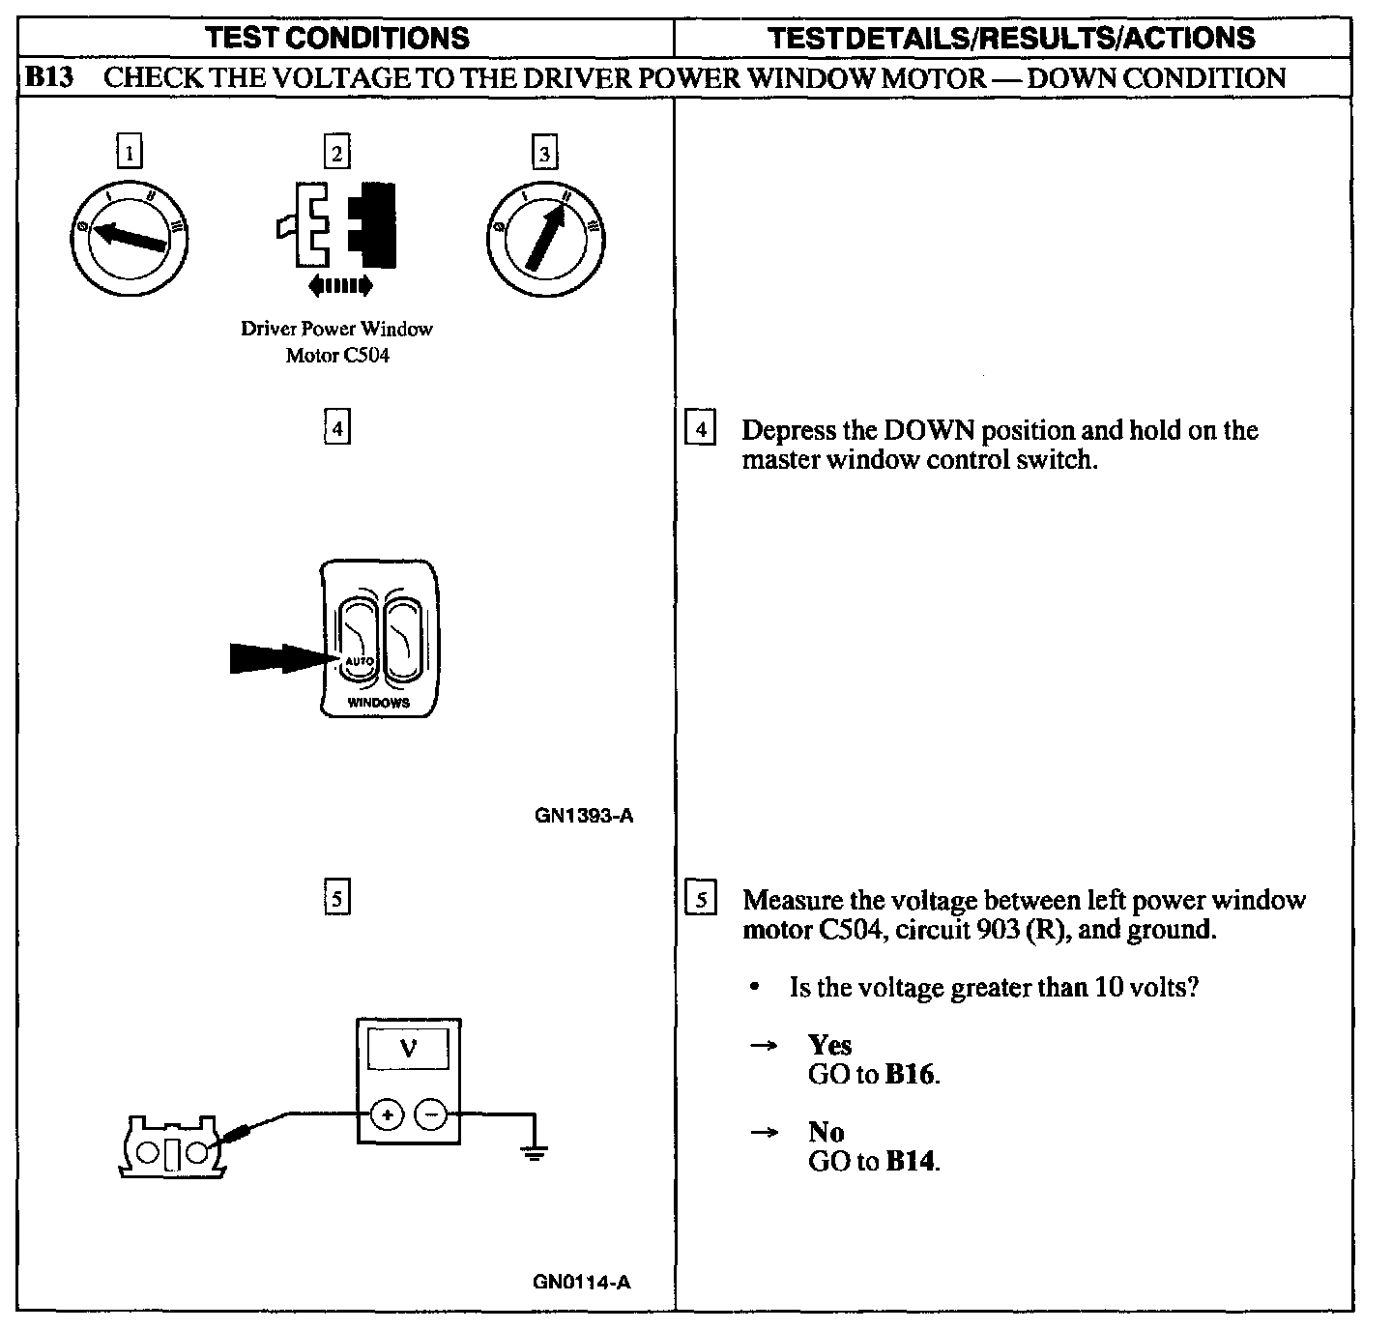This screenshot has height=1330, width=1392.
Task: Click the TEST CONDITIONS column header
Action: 338,38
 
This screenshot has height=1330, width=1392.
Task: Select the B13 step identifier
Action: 47,78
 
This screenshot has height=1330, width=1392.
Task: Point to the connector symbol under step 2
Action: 335,224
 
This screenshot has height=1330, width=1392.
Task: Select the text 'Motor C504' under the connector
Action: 337,356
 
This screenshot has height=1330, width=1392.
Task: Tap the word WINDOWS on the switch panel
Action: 378,703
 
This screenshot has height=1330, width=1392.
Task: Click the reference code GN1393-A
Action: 584,816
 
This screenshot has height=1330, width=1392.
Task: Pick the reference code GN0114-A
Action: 582,1283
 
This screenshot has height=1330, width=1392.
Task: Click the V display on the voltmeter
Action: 409,1049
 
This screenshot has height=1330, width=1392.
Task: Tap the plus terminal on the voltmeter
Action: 387,1114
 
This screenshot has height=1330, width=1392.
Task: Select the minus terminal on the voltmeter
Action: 431,1114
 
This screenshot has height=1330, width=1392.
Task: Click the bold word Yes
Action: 829,1045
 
